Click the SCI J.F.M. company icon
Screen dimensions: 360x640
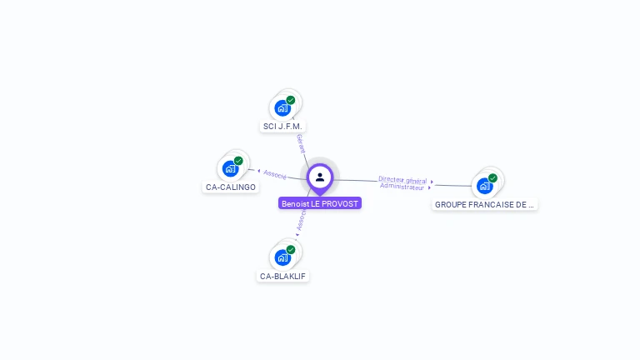(283, 107)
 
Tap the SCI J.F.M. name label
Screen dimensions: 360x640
(283, 127)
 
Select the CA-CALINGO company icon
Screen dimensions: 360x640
(231, 168)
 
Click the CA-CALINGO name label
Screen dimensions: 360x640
(231, 187)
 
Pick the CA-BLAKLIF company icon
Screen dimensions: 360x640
(283, 257)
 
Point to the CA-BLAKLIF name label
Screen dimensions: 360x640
(283, 276)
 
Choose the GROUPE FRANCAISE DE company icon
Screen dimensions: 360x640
(485, 185)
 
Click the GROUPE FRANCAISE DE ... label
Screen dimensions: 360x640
(484, 204)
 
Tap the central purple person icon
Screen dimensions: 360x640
(320, 177)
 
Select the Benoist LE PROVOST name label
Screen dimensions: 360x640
(320, 203)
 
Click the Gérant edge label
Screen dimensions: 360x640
(301, 143)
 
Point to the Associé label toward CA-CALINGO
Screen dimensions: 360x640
(275, 174)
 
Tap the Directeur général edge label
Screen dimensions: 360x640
(402, 180)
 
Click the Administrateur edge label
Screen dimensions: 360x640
(402, 187)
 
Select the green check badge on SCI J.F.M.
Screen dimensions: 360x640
(291, 100)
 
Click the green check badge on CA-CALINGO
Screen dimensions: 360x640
(238, 161)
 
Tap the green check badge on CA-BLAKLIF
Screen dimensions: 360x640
(291, 249)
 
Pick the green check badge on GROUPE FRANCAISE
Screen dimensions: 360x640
(492, 177)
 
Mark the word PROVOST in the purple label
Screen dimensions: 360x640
(341, 203)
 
